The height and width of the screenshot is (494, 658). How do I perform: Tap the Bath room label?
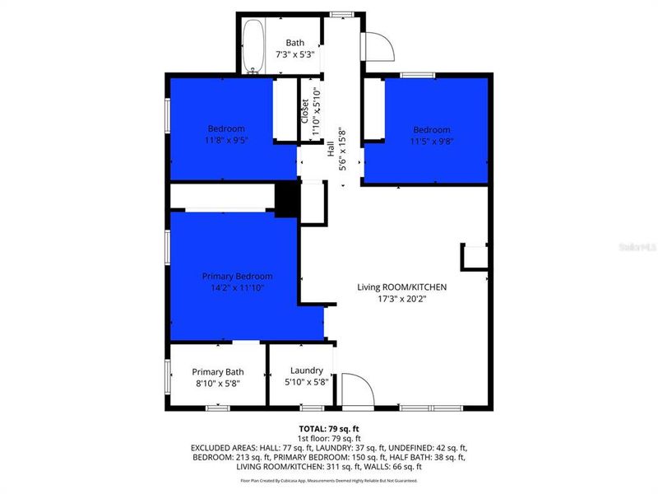[295, 43]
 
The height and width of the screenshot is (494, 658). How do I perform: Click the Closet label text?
[304, 110]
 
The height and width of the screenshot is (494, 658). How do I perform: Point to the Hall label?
[331, 148]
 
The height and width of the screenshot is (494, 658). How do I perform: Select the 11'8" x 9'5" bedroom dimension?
[225, 140]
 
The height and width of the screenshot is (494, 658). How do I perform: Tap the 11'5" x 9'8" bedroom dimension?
[431, 141]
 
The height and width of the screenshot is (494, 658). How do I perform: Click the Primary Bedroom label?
[238, 276]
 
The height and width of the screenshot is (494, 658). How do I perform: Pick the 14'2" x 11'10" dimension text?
[238, 287]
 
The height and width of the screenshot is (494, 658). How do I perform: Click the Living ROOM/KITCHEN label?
[401, 287]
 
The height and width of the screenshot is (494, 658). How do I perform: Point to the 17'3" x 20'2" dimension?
[401, 299]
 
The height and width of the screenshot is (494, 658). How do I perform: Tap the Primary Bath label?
[219, 371]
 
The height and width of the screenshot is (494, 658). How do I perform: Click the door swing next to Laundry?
[354, 388]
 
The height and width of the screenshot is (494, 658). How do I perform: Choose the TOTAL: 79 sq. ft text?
[329, 428]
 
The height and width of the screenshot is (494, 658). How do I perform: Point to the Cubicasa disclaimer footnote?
[329, 480]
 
